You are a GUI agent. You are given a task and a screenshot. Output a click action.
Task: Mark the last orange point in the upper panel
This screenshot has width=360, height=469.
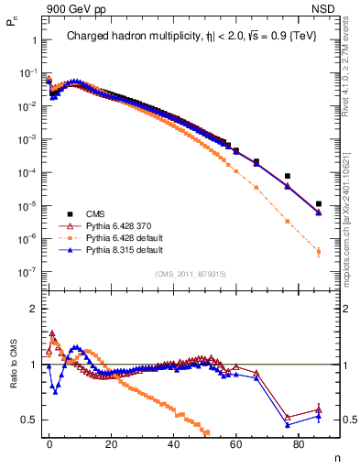click(x=318, y=251)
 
